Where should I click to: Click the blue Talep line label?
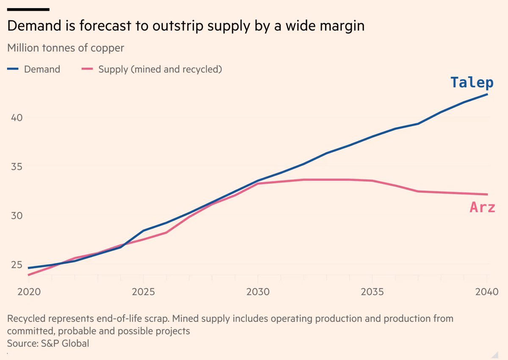point(472,82)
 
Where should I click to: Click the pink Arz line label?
point(482,207)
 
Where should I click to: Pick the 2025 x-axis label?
point(144,292)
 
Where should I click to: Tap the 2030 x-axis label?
point(258,292)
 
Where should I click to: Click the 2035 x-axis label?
point(372,292)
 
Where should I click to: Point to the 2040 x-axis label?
point(486,292)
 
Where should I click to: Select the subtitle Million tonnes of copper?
point(66,48)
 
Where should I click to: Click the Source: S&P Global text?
point(48,343)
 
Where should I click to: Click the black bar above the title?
point(28,9)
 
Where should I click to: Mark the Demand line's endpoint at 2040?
point(488,94)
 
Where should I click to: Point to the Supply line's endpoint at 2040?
point(488,194)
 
